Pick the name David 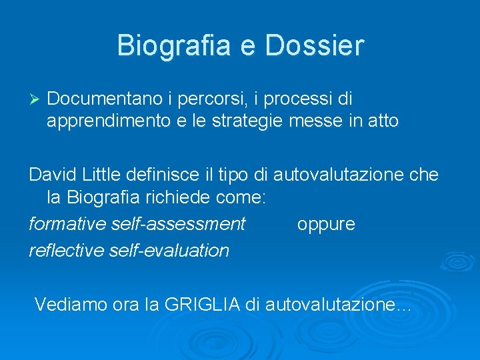pyautogui.click(x=53, y=175)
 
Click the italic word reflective pyautogui.click(x=67, y=250)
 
